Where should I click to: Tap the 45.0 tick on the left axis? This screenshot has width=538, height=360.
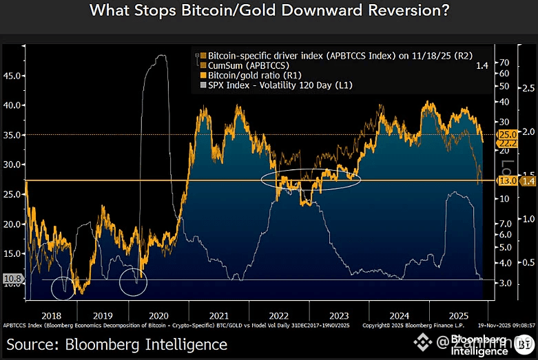(x=13, y=76)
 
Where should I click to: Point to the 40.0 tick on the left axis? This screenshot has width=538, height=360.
(x=13, y=105)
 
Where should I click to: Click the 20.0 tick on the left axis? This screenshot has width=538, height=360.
(x=13, y=224)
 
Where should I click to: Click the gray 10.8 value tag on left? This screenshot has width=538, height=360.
(x=12, y=279)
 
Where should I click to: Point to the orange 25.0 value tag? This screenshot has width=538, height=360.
(x=507, y=134)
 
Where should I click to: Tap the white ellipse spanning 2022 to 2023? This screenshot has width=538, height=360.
(x=312, y=179)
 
